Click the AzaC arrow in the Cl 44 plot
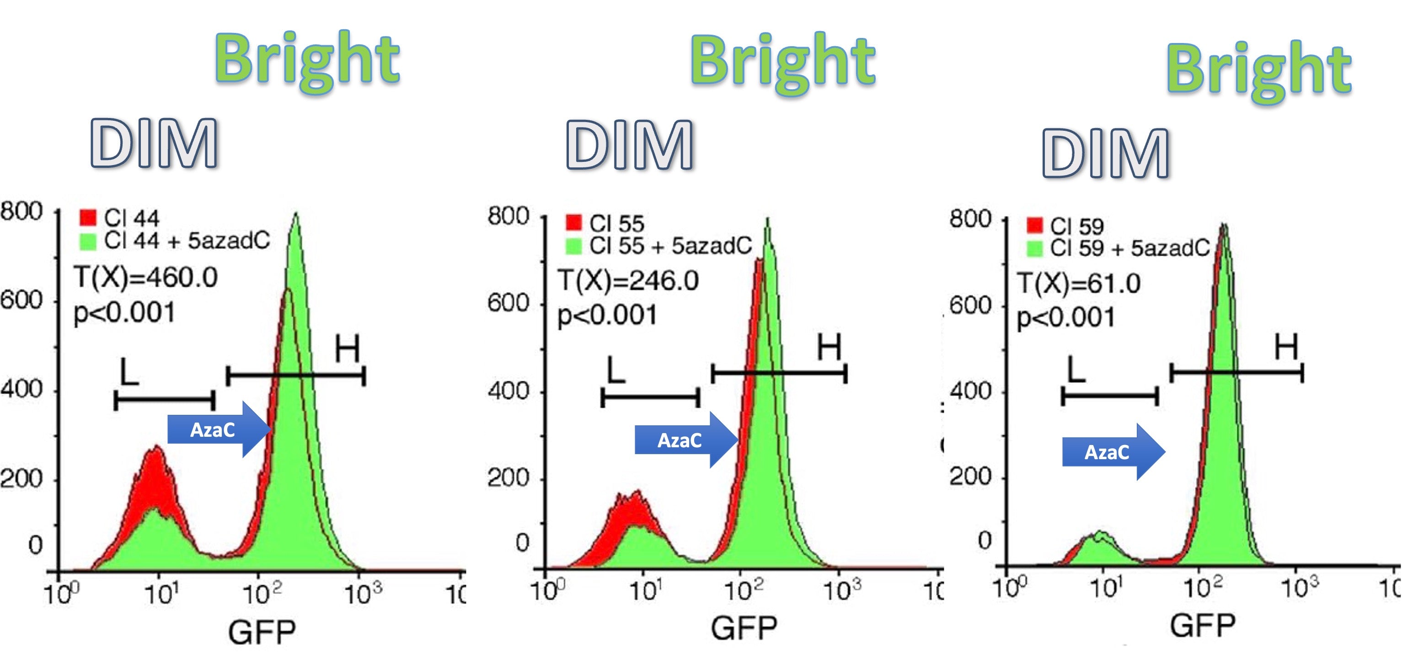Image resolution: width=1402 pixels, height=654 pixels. [x=218, y=429]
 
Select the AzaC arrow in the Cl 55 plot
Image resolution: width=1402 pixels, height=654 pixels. [x=685, y=440]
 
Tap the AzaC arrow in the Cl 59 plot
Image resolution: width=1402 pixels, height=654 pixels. [x=1112, y=452]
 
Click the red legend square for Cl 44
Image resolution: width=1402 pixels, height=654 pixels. [x=88, y=217]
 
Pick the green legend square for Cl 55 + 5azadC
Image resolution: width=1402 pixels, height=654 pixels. [x=573, y=246]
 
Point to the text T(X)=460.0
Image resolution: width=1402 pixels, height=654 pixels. [x=146, y=278]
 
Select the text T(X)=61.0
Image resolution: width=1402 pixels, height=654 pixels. [x=1079, y=284]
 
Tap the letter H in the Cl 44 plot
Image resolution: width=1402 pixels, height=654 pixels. [x=347, y=349]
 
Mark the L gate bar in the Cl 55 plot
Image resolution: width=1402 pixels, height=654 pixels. [x=650, y=398]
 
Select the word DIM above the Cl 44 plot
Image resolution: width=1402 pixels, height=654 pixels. [x=154, y=144]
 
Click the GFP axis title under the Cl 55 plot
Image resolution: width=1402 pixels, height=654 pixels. [x=744, y=628]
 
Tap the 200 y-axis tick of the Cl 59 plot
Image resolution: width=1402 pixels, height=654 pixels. [x=970, y=477]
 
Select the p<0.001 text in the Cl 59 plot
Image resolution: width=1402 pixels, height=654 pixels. [x=1065, y=318]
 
